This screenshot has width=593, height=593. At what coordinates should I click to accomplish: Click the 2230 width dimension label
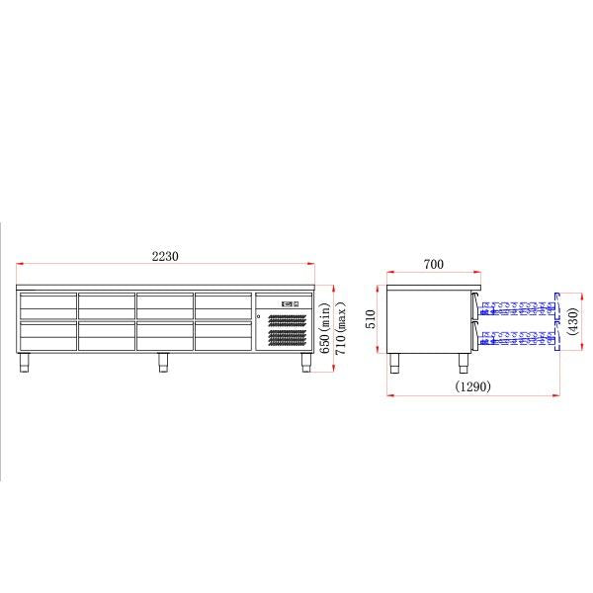click(165, 256)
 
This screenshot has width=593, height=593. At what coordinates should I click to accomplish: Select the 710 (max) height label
click(342, 328)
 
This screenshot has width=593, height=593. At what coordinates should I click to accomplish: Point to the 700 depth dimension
click(433, 264)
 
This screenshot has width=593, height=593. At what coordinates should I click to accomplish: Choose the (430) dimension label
click(572, 322)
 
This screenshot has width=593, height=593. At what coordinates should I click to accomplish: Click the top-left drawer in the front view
click(48, 304)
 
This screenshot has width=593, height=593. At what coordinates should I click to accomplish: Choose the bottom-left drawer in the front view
click(48, 336)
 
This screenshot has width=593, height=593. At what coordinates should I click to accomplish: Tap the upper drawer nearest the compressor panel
click(224, 304)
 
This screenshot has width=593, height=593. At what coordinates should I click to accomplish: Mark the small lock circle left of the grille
click(259, 316)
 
